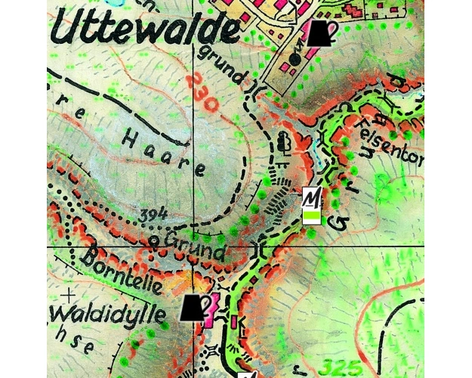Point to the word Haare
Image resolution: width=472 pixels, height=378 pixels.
click(163, 151)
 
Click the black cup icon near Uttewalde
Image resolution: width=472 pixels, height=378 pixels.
click(319, 34)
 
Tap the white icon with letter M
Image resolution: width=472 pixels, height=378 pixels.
click(312, 198)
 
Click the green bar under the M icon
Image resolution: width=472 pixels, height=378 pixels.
click(312, 217)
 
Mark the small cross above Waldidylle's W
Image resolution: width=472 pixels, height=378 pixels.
click(69, 294)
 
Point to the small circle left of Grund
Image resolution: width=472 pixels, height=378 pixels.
click(153, 241)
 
